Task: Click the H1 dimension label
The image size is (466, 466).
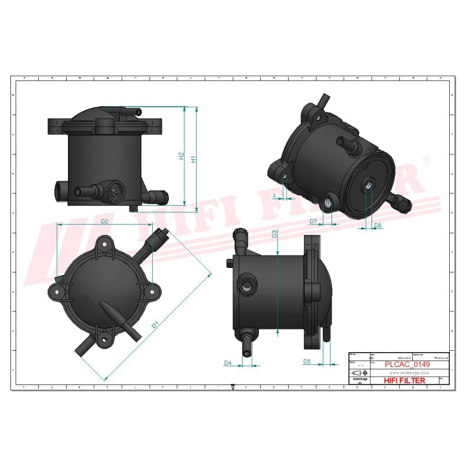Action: [x=194, y=159]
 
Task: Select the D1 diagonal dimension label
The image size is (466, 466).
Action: [x=155, y=325]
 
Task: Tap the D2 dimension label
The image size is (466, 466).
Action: [x=104, y=221]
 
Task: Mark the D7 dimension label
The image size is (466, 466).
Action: [x=313, y=221]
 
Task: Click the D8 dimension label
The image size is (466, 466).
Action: [x=378, y=225]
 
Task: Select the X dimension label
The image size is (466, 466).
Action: [x=274, y=195]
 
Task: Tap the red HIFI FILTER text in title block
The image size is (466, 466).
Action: [x=405, y=381]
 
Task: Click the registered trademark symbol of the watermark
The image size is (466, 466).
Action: [x=425, y=159]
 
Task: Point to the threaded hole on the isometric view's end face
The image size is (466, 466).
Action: [x=368, y=185]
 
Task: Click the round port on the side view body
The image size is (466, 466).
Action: [x=246, y=286]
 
